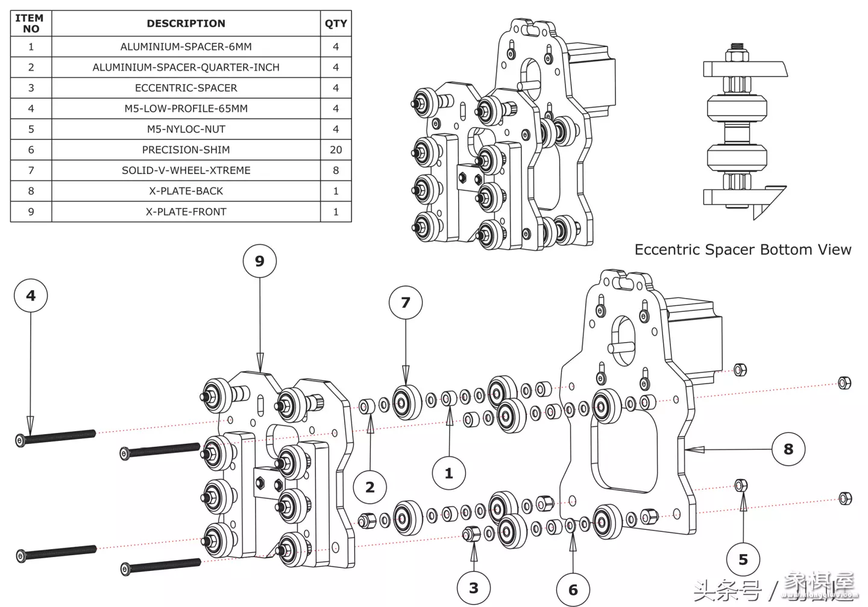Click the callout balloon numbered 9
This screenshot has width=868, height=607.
(x=259, y=261)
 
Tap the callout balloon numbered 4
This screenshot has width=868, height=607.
(x=31, y=296)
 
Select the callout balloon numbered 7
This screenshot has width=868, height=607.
(x=405, y=303)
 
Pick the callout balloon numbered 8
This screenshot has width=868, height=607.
(x=788, y=449)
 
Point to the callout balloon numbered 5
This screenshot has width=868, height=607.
(x=743, y=560)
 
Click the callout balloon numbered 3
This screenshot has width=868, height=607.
(x=473, y=588)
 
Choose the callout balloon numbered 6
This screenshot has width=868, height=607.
(x=573, y=590)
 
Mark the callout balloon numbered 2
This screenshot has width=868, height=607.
(x=370, y=487)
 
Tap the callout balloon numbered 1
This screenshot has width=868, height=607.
(x=448, y=473)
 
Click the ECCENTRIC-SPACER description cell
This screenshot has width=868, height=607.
(x=186, y=88)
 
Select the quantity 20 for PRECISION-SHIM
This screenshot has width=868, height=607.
(x=336, y=150)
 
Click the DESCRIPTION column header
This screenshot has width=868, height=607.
(x=186, y=23)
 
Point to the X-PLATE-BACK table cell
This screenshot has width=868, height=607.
(x=186, y=191)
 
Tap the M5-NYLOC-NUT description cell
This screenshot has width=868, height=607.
(x=186, y=129)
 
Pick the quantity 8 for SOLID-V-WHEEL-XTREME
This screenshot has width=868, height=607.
(x=336, y=170)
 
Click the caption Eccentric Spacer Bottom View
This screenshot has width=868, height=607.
(x=743, y=250)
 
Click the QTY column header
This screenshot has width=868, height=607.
(x=336, y=23)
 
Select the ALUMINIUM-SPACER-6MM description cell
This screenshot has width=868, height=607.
(x=186, y=46)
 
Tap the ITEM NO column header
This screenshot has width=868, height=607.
(x=31, y=23)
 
